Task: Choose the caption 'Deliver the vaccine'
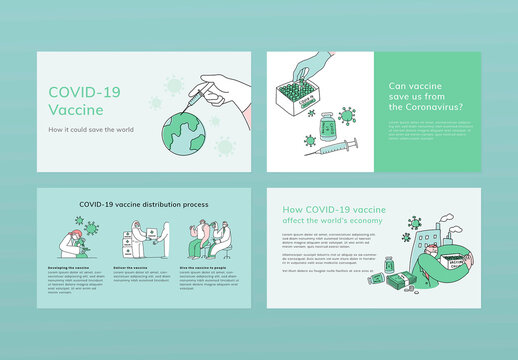coord(131,268)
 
